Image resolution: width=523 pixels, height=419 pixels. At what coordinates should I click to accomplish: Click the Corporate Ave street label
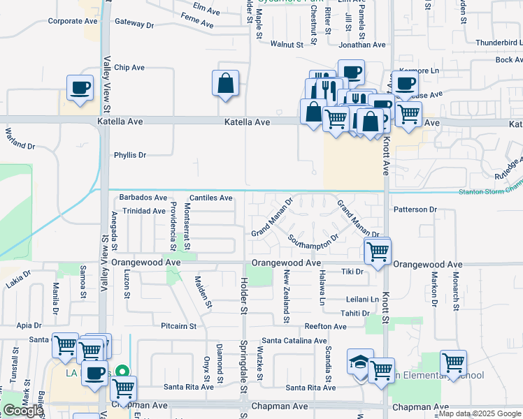pyautogui.click(x=73, y=21)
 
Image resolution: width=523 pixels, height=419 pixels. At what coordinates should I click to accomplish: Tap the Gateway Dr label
pyautogui.click(x=134, y=24)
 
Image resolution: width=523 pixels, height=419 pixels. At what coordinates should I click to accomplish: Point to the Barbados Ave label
pyautogui.click(x=143, y=198)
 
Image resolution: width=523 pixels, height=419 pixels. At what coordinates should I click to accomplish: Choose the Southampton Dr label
pyautogui.click(x=313, y=237)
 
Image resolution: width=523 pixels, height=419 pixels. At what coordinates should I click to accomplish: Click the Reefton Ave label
pyautogui.click(x=325, y=326)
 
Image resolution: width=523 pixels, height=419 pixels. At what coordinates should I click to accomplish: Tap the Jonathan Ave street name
pyautogui.click(x=362, y=44)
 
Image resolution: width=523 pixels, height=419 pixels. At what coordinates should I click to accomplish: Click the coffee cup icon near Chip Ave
pyautogui.click(x=79, y=88)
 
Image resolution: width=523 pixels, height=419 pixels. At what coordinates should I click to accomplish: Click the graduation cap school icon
pyautogui.click(x=359, y=363)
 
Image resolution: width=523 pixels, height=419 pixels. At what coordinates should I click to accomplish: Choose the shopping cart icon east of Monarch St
pyautogui.click(x=453, y=362)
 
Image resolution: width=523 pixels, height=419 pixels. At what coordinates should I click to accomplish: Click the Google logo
pyautogui.click(x=22, y=411)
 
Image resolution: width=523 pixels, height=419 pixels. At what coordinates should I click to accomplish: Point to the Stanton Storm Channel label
pyautogui.click(x=490, y=189)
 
